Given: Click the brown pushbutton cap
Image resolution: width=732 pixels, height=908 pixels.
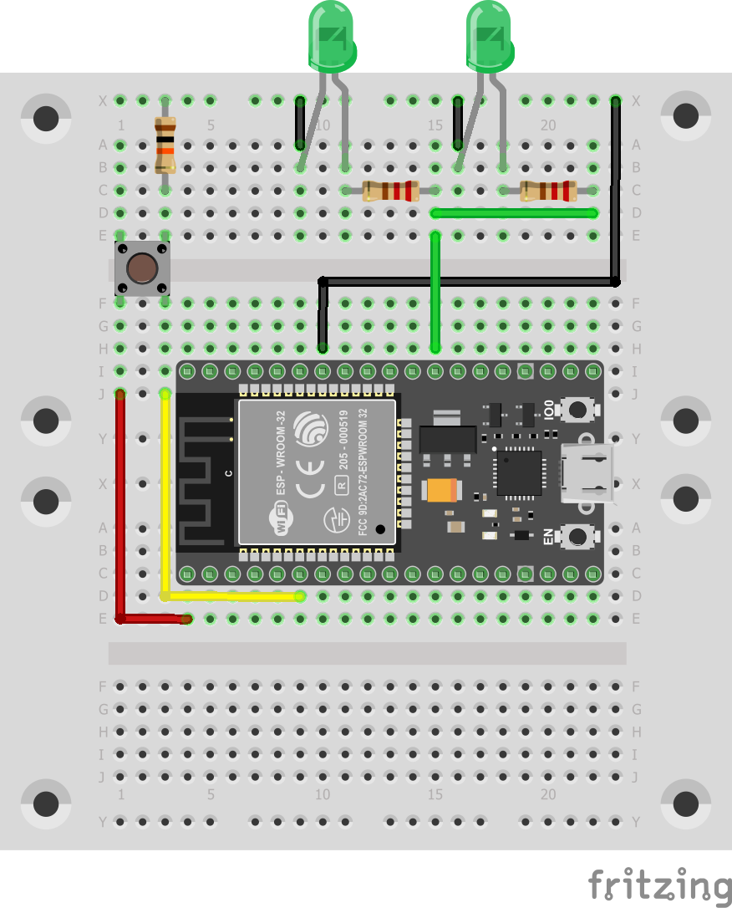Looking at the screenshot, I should click(143, 268).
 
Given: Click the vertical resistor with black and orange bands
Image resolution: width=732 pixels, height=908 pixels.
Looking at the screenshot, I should click(165, 145).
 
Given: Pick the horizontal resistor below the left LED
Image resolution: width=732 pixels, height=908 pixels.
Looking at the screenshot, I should click(389, 191).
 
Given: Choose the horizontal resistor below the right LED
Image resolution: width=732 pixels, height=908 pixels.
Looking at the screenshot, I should click(548, 191).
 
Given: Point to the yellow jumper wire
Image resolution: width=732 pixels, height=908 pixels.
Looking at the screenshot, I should click(165, 502).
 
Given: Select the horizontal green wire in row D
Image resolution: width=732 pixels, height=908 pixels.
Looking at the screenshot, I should click(514, 213).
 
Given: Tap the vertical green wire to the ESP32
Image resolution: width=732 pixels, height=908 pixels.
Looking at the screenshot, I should click(435, 293).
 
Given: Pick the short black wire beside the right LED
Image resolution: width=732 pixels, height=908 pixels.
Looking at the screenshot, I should click(457, 121).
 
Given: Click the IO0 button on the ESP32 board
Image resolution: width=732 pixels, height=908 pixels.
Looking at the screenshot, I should click(577, 409).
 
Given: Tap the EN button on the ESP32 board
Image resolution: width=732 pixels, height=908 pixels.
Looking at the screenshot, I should click(577, 535).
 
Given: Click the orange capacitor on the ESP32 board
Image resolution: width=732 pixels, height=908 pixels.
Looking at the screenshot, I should click(440, 489).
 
